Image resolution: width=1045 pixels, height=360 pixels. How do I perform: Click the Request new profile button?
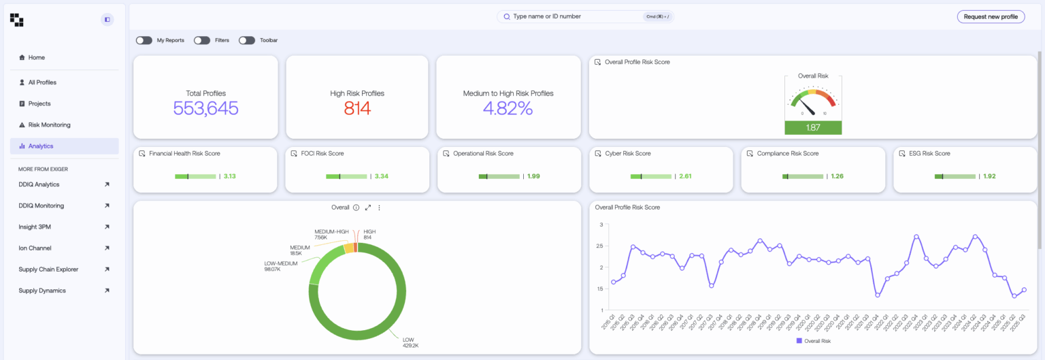tap(991, 16)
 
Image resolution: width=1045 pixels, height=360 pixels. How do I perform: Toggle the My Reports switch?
tap(144, 40)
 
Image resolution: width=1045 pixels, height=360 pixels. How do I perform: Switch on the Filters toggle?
tap(202, 40)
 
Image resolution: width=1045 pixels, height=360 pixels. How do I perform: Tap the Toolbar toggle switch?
tap(246, 40)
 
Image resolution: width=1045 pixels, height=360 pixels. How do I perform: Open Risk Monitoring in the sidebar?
tap(49, 125)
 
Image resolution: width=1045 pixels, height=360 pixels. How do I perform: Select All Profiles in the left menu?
tap(42, 82)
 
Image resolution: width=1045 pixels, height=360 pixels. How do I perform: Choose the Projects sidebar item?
tap(39, 103)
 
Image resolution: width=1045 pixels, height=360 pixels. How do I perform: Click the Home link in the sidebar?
tap(36, 58)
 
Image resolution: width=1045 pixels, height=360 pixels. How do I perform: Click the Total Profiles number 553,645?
tap(205, 108)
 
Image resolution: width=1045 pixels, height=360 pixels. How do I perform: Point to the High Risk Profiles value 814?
tap(357, 108)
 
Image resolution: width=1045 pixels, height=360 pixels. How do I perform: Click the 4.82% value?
tap(508, 108)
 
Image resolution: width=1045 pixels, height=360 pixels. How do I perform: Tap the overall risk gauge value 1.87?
tap(813, 128)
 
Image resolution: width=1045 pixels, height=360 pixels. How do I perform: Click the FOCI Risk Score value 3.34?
tap(382, 176)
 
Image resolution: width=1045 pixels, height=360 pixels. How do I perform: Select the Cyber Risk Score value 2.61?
tap(686, 176)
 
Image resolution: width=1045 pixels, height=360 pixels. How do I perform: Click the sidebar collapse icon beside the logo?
tap(107, 20)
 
